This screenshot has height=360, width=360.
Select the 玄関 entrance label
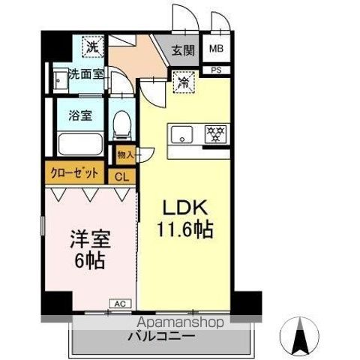coord(182,51)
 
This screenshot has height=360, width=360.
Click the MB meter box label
coord(215,50)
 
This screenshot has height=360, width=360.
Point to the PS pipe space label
coord(215,70)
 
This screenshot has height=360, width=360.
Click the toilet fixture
coord(120,127)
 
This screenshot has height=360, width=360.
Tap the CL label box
coord(120,176)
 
